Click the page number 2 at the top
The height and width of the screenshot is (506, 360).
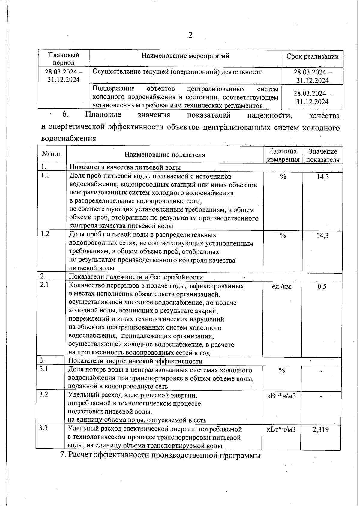coord(190,35)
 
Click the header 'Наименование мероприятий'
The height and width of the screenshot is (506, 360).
coord(185,56)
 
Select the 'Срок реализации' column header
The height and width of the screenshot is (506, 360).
coord(312,56)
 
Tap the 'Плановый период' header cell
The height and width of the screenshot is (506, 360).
coord(64,59)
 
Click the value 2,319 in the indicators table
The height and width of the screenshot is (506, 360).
coord(320,429)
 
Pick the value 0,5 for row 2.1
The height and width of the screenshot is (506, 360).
coord(322,287)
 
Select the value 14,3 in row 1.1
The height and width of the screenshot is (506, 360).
coord(322,177)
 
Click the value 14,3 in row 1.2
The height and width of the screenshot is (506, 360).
coord(322,236)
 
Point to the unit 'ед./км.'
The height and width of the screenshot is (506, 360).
coord(282,287)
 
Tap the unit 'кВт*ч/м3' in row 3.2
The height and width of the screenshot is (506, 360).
coord(281,396)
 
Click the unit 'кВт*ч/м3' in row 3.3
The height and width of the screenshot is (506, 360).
coord(281,429)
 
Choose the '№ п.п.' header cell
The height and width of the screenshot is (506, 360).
coord(52,154)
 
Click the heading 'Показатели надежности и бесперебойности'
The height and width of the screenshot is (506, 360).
coord(136,277)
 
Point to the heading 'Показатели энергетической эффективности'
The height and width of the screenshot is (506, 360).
coord(135,361)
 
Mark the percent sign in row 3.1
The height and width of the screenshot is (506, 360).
coord(281,371)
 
